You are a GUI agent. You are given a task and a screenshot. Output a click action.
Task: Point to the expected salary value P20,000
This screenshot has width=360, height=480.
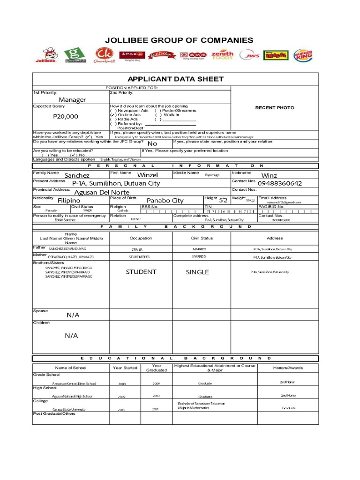tap(66, 116)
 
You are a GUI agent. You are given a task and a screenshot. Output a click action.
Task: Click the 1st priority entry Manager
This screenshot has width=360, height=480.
tap(72, 100)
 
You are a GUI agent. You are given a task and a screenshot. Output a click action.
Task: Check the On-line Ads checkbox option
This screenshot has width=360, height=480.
tap(125, 115)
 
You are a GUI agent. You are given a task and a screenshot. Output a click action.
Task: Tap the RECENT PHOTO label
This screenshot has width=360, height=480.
tap(275, 108)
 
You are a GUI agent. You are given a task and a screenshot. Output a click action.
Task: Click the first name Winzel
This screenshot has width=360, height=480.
tap(148, 175)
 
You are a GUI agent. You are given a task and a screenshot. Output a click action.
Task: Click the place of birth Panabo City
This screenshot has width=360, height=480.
tap(165, 200)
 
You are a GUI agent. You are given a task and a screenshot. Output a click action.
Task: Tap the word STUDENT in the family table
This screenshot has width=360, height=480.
tap(141, 272)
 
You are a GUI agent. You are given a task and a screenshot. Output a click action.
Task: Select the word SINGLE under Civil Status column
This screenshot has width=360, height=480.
tap(197, 272)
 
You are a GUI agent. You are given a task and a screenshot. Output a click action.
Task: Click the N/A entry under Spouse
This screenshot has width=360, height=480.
tap(73, 315)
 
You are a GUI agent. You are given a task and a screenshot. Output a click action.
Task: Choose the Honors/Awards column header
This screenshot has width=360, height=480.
tap(288, 368)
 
